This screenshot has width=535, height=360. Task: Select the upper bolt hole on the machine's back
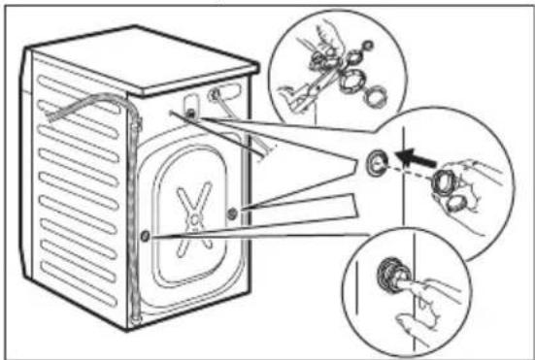point(189,115)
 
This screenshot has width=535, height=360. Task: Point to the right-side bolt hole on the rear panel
point(230,213)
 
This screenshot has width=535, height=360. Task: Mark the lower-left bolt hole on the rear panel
point(144,235)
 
